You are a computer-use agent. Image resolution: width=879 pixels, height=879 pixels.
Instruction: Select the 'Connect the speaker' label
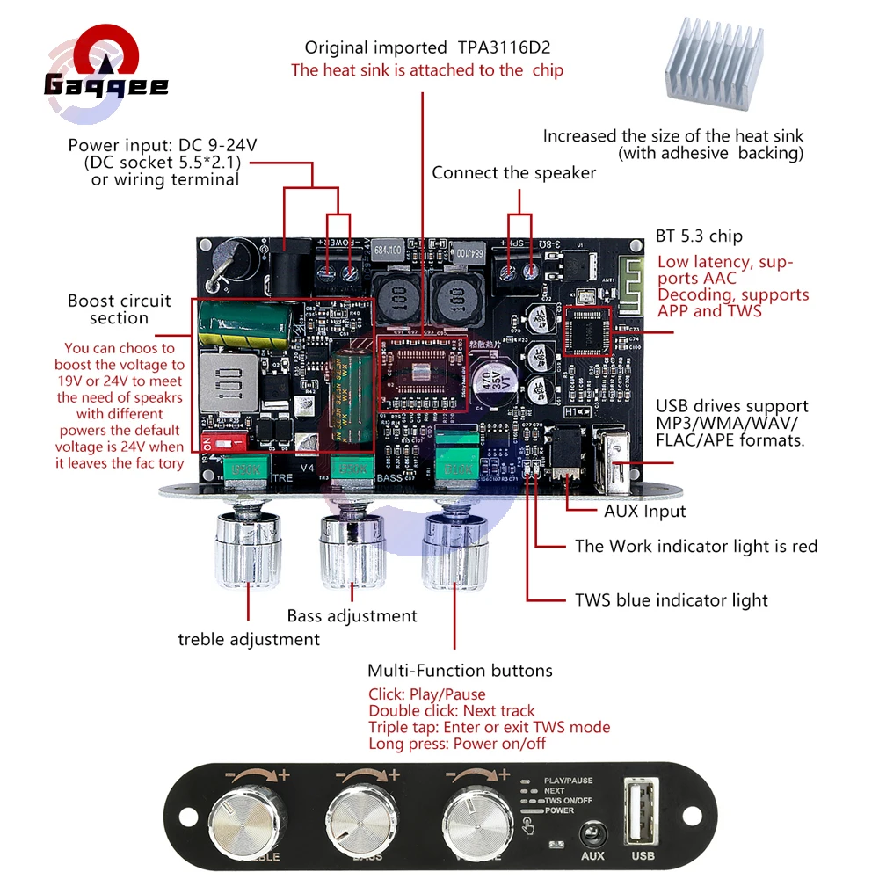(x=513, y=173)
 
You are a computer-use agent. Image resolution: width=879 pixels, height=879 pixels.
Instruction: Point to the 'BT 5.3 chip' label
(x=699, y=236)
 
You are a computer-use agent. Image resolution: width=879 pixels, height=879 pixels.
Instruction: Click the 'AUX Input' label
(x=644, y=511)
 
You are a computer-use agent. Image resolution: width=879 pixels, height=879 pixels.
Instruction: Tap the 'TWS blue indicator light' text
(x=671, y=600)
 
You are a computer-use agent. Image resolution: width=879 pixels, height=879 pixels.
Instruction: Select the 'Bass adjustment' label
(x=352, y=615)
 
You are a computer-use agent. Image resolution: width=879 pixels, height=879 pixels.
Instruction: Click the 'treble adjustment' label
(x=249, y=639)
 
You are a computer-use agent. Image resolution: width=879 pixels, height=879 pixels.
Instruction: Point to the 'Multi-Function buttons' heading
(x=460, y=671)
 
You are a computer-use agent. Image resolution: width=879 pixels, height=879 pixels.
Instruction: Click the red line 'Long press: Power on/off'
(x=457, y=744)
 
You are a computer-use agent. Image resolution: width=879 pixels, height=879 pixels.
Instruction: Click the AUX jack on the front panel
(x=592, y=832)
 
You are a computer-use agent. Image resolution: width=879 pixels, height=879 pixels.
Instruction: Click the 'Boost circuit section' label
(x=120, y=309)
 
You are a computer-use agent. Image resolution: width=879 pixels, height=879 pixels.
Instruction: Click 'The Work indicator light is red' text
(x=696, y=547)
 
